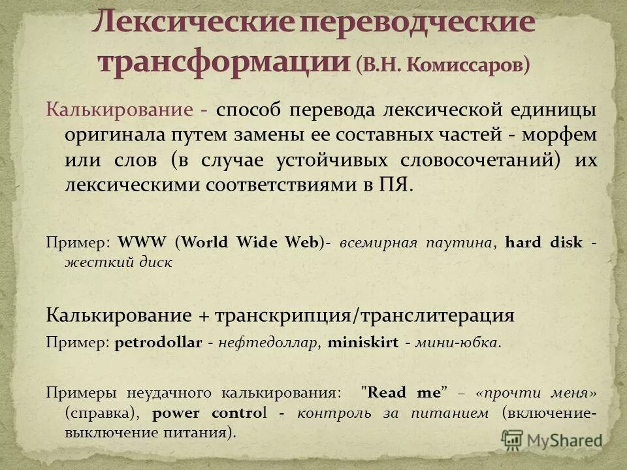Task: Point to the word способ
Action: pos(248,109)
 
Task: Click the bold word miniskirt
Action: pos(362,343)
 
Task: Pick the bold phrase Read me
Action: pos(404,394)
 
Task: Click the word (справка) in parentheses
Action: pos(104,413)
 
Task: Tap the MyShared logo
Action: pos(553,439)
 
